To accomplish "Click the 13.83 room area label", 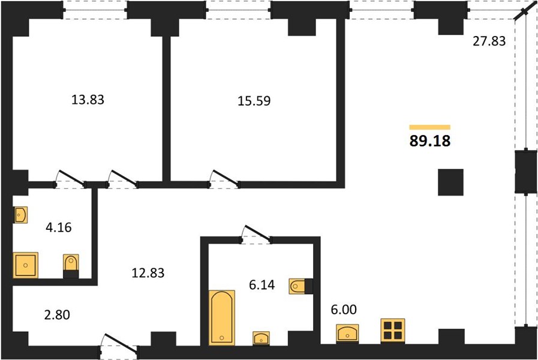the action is tap(88, 100).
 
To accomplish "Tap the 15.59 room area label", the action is tap(254, 101).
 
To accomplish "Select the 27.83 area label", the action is tap(489, 41).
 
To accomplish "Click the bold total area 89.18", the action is tap(430, 141).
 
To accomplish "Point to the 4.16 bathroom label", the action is tap(59, 227).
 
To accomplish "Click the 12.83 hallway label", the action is tap(148, 273).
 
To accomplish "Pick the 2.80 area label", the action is tap(57, 314).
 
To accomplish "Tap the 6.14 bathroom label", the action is tap(262, 285).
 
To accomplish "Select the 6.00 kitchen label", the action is tap(344, 310).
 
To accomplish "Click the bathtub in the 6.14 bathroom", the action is tap(222, 317).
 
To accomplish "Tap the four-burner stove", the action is tap(393, 331).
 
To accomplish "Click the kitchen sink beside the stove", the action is tap(348, 334).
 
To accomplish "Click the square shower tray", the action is tap(25, 265).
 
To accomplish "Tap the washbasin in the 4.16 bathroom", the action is tap(20, 215).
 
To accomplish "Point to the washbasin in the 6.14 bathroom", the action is tap(261, 338).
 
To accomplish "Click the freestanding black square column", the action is tap(450, 182).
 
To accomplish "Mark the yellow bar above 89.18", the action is tap(430, 127).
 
